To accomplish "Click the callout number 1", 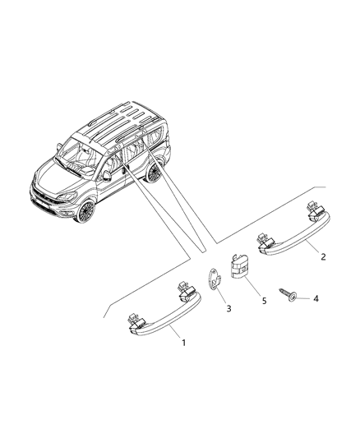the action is pyautogui.click(x=183, y=343).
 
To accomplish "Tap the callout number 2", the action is pyautogui.click(x=323, y=256).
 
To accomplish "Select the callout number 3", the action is pyautogui.click(x=228, y=309).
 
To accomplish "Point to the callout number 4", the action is pyautogui.click(x=316, y=298).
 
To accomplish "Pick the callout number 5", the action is pyautogui.click(x=264, y=301).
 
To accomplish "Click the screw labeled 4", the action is pyautogui.click(x=288, y=296).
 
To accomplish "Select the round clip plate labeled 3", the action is pyautogui.click(x=215, y=279).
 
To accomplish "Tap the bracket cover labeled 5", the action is pyautogui.click(x=239, y=266).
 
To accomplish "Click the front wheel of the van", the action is pyautogui.click(x=86, y=210).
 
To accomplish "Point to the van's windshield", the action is pyautogui.click(x=77, y=156).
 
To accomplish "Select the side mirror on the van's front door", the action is pyautogui.click(x=108, y=175).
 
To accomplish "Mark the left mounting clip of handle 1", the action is pyautogui.click(x=135, y=321).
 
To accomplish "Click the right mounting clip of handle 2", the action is pyautogui.click(x=315, y=210).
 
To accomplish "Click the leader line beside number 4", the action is pyautogui.click(x=304, y=298).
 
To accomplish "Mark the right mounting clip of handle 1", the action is pyautogui.click(x=186, y=292).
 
